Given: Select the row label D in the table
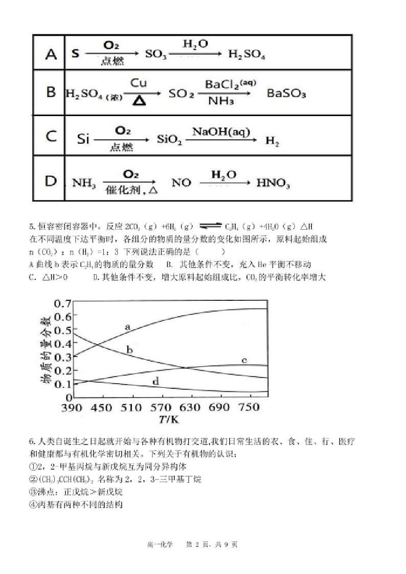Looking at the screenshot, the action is pyautogui.click(x=51, y=182).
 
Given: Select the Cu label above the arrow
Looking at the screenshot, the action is pyautogui.click(x=139, y=82).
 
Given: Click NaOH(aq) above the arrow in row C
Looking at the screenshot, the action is pyautogui.click(x=221, y=131).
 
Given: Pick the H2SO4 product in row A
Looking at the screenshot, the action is pyautogui.click(x=247, y=55).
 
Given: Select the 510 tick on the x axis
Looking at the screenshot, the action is pyautogui.click(x=132, y=408).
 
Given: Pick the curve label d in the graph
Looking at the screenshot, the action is pyautogui.click(x=155, y=381).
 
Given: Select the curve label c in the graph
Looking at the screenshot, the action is pyautogui.click(x=244, y=361).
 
